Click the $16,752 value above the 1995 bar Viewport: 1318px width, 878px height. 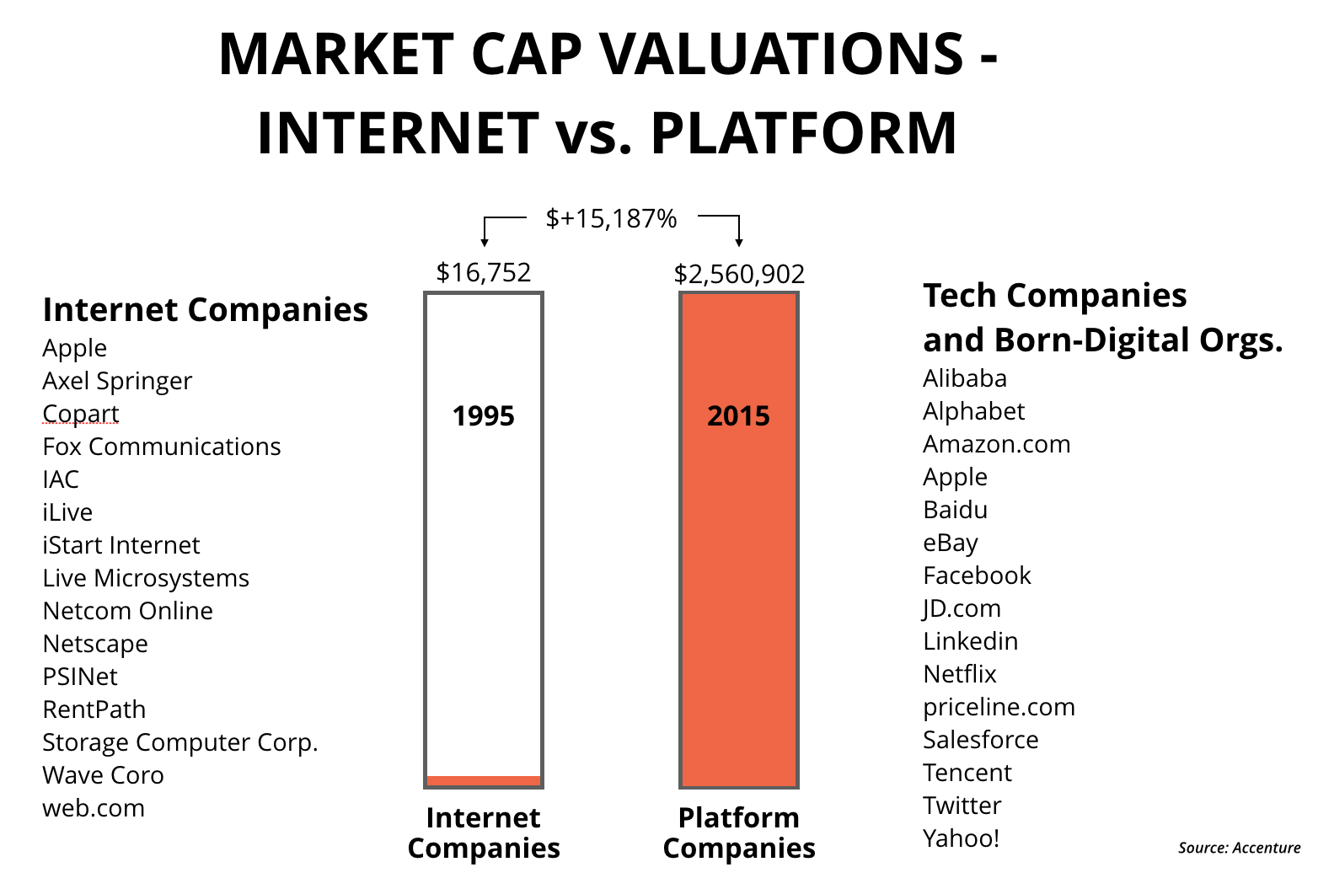(484, 272)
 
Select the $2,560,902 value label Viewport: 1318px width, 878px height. (739, 274)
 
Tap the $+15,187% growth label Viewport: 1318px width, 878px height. (611, 219)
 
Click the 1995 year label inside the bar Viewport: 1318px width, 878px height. (483, 416)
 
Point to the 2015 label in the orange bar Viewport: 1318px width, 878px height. (738, 416)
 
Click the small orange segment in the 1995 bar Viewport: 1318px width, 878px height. (484, 780)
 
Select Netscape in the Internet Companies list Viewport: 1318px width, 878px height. (95, 644)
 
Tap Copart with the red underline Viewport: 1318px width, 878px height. (81, 414)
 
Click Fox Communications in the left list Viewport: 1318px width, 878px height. (162, 447)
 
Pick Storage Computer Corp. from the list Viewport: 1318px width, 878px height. (180, 742)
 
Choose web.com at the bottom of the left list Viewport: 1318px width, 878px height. (94, 808)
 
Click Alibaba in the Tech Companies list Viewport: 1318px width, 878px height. (965, 378)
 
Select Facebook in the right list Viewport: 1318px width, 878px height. (977, 576)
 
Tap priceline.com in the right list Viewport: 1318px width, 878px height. (999, 707)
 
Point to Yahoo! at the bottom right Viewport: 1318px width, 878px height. (961, 838)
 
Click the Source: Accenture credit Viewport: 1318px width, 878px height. (1239, 848)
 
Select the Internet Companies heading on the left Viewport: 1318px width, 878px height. (205, 310)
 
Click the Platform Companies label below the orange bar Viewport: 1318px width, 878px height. (739, 832)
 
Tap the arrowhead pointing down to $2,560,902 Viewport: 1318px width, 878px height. (739, 242)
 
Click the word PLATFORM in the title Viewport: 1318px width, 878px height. (804, 133)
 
